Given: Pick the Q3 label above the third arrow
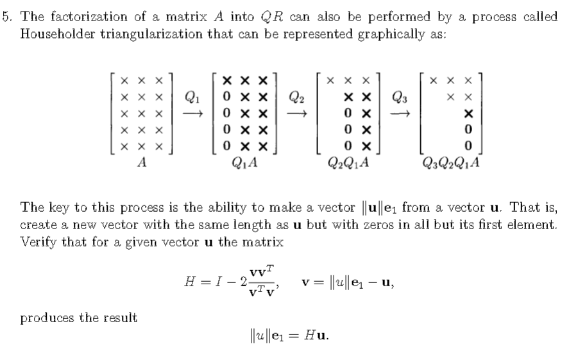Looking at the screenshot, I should (x=399, y=98).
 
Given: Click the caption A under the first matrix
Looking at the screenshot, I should (x=142, y=163).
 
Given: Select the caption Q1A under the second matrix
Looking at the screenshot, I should (x=244, y=163).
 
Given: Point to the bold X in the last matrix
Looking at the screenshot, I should (x=468, y=113).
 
